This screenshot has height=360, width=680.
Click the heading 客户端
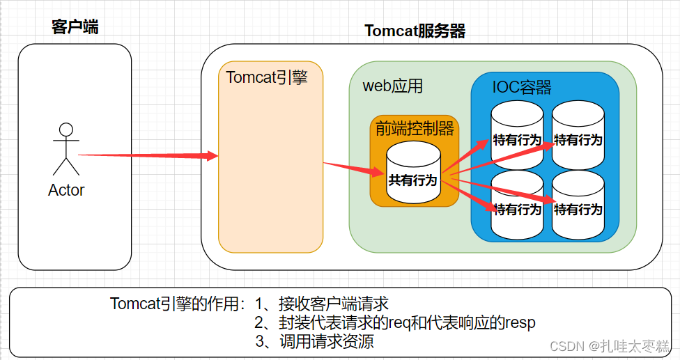point(75,27)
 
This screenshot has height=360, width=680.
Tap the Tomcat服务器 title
point(415,31)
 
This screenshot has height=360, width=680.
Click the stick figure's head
point(66,130)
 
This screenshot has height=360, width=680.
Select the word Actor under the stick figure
point(66,190)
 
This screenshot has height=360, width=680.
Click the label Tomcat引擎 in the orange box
point(267,77)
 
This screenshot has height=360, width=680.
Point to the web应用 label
point(393,86)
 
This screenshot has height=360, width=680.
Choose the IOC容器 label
point(522,87)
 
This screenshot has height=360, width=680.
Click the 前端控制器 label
point(415,128)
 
